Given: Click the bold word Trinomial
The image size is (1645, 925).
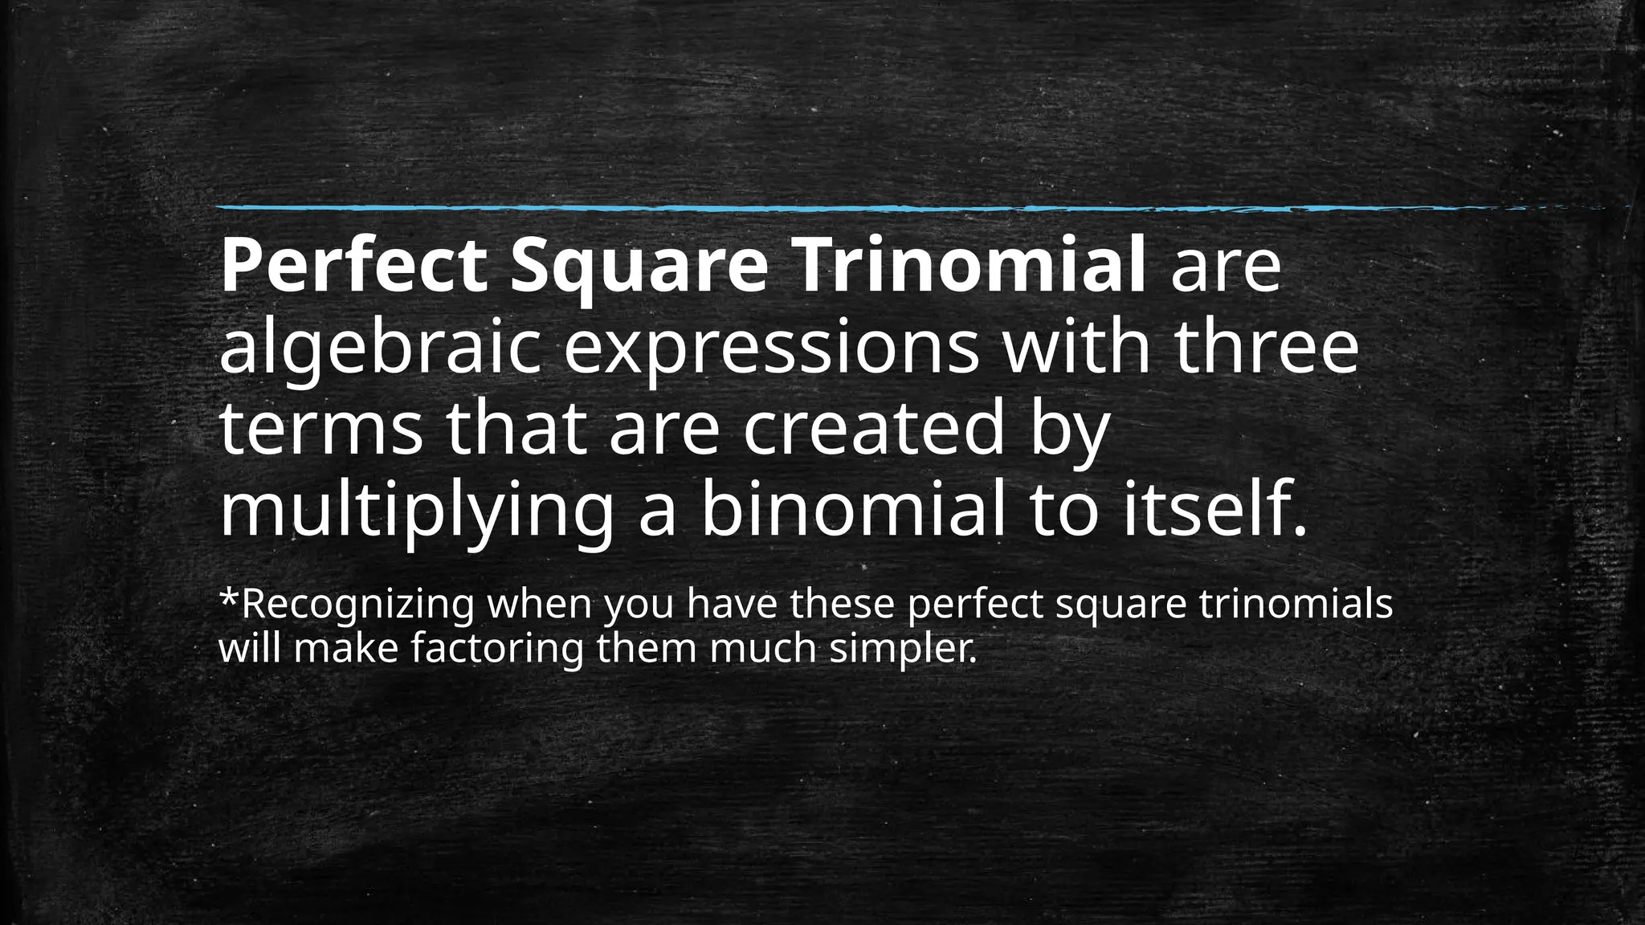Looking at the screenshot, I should coord(961,266).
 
